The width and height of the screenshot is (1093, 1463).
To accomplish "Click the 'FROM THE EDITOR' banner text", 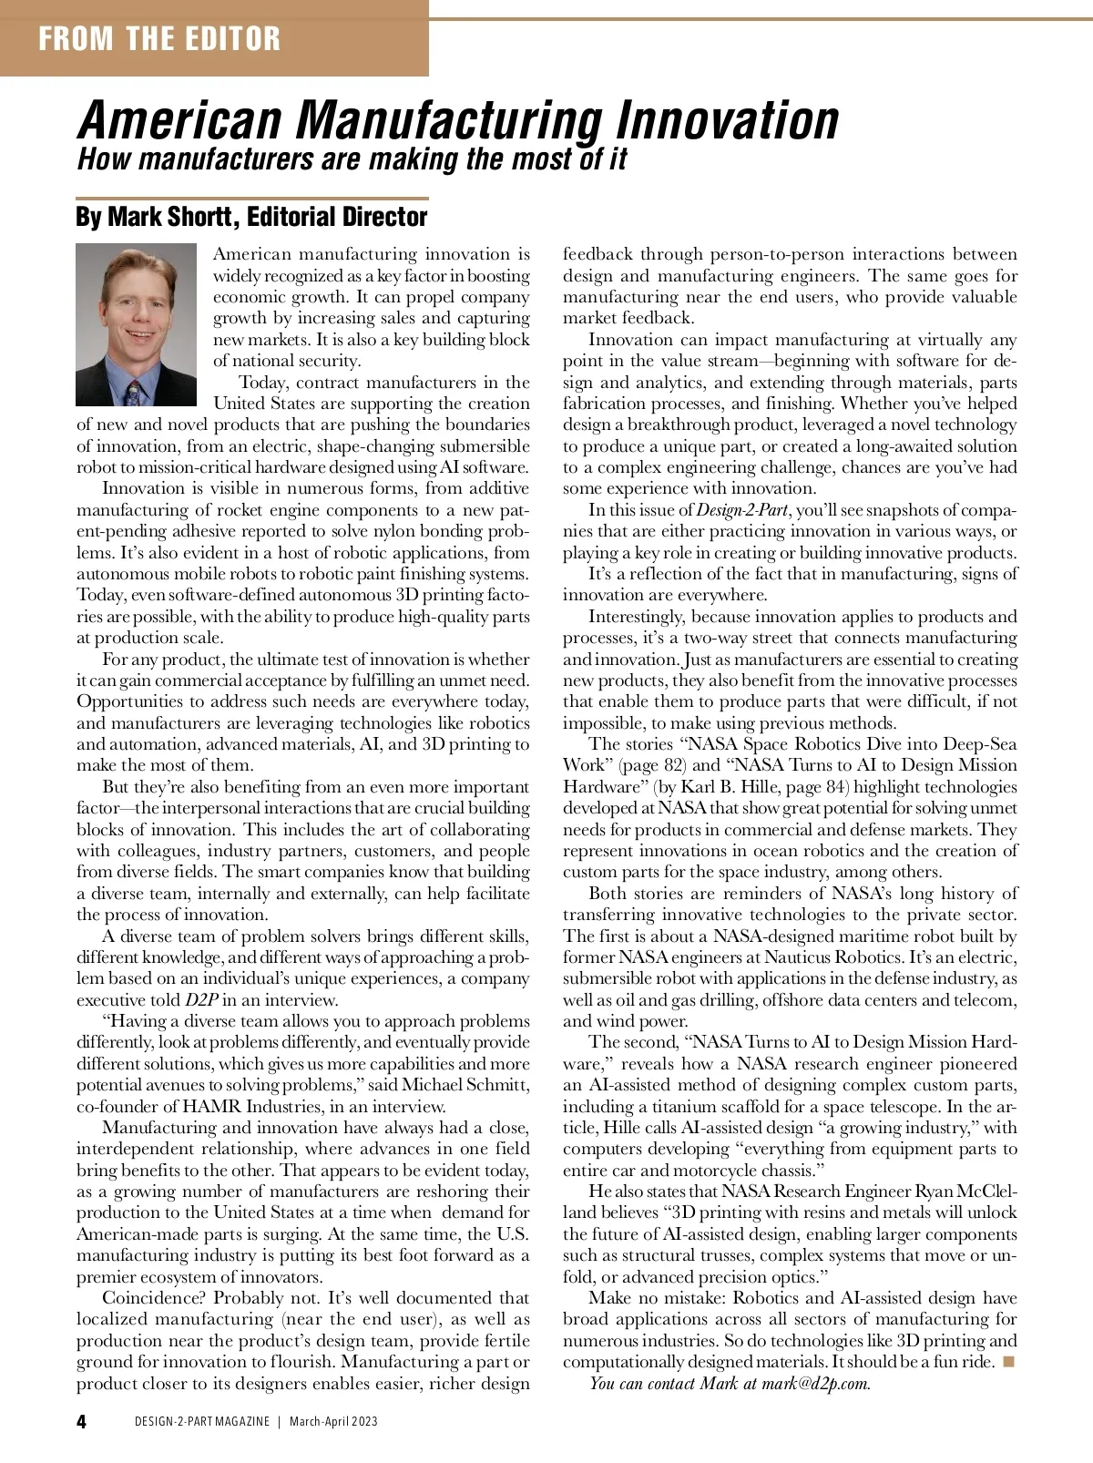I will pyautogui.click(x=159, y=38).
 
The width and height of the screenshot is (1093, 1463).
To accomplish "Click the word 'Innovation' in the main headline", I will pyautogui.click(x=727, y=121).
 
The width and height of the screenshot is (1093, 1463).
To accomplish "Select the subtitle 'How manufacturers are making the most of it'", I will pyautogui.click(x=352, y=159).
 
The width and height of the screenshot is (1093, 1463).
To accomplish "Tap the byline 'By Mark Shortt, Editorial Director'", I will pyautogui.click(x=251, y=217).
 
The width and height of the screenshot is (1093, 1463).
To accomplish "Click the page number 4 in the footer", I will pyautogui.click(x=82, y=1421).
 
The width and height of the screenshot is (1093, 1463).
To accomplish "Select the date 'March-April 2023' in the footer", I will pyautogui.click(x=333, y=1421).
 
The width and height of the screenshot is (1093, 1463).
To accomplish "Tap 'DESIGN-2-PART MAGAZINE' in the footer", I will pyautogui.click(x=202, y=1421).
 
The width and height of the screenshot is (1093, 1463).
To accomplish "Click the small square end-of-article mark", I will pyautogui.click(x=1007, y=1362).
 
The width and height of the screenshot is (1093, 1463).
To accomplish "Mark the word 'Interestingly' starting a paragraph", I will pyautogui.click(x=637, y=617).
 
